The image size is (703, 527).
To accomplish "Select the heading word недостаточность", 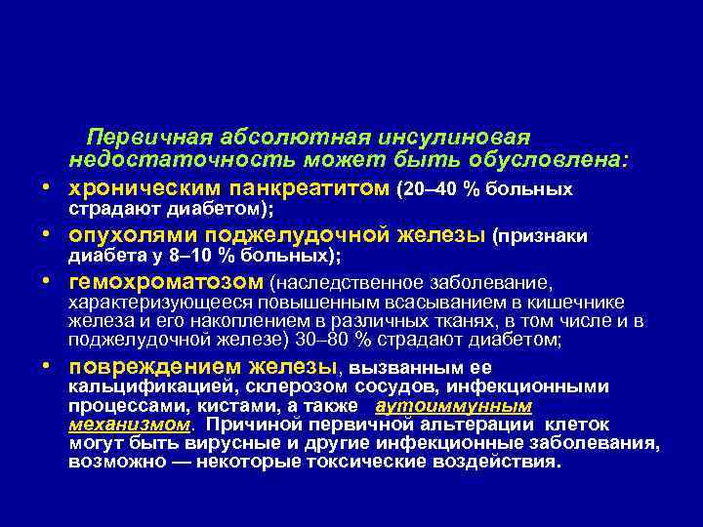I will pos(166,158).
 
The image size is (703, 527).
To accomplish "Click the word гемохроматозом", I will pos(166,282).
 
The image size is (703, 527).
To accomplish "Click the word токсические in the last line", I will pos(384,463).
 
